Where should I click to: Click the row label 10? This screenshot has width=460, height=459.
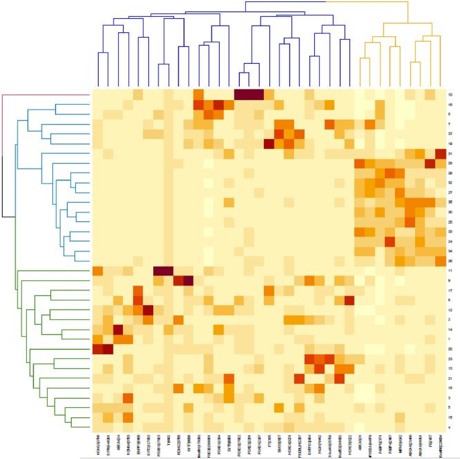(449, 95)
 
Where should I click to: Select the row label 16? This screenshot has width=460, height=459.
(449, 105)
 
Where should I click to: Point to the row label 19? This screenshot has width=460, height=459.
(449, 144)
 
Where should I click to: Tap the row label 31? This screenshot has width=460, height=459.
(449, 154)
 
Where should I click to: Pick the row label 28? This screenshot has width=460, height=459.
(449, 164)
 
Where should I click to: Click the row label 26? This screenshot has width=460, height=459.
(449, 261)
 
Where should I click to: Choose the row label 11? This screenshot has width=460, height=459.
(449, 270)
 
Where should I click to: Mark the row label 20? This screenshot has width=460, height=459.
(449, 349)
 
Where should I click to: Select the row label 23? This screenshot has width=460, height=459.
(449, 358)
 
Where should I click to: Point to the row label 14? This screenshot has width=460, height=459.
(449, 329)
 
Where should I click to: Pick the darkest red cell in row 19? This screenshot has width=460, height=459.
(269, 144)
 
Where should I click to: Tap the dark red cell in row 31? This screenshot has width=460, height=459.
(441, 154)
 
